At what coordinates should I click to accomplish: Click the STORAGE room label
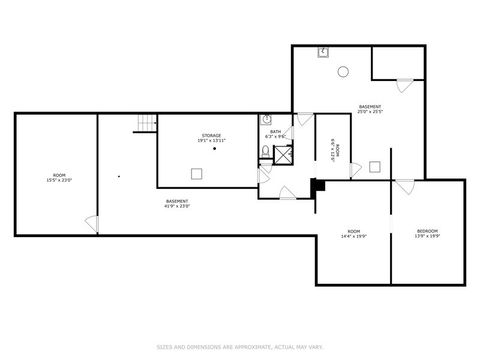point(211,135)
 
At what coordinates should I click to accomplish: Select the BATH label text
point(275,131)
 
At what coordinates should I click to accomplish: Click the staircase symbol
point(147,123)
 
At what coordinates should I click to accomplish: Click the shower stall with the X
point(283,154)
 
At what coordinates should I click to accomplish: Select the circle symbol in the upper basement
point(342,71)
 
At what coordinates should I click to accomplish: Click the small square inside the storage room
point(197,174)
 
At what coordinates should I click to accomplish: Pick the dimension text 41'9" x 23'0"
point(178,207)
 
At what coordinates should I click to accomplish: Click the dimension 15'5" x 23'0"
point(59,180)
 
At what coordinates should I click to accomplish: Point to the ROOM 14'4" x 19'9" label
point(353,233)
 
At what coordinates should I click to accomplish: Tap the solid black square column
point(317,184)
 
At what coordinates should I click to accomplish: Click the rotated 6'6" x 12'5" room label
point(335,149)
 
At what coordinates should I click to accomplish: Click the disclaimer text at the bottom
point(240,347)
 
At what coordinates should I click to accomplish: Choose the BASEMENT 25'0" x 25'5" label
point(371,109)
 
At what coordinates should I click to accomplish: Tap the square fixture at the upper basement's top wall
point(324,52)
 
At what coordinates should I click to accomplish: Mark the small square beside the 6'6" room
point(373,166)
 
